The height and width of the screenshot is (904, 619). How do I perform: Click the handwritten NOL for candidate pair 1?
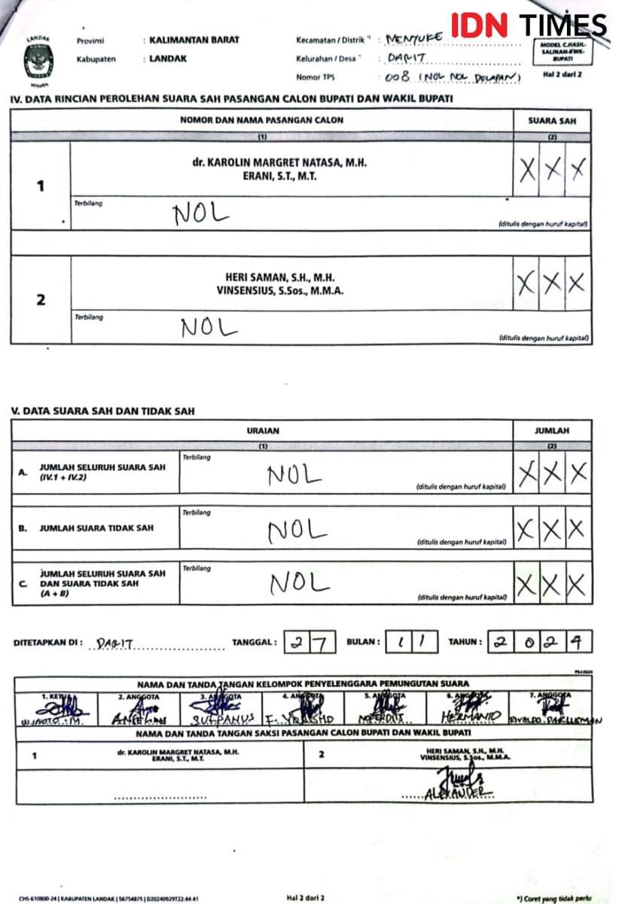(200, 214)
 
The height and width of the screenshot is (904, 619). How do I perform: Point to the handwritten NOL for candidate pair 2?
(209, 327)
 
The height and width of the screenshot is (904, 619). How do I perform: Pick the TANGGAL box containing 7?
(322, 643)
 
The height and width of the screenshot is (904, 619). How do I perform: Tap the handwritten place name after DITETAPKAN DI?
(115, 645)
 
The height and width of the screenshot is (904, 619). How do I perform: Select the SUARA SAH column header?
(552, 121)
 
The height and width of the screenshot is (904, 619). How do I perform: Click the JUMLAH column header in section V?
(552, 431)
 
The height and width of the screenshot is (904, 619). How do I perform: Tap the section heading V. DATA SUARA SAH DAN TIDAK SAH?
(103, 411)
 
